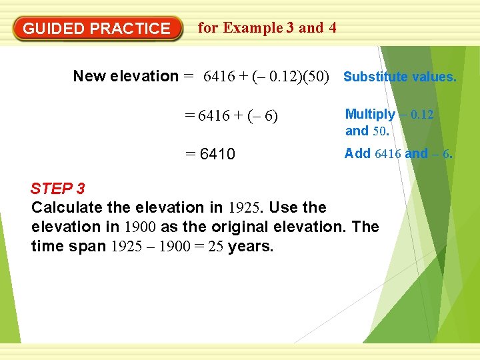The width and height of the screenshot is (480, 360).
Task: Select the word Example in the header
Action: point(253,28)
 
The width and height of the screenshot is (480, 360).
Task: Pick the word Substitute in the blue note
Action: point(375,77)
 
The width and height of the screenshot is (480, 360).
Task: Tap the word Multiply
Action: point(370,115)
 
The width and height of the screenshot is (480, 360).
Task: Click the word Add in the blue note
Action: point(357,154)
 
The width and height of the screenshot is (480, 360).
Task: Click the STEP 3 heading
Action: point(58,188)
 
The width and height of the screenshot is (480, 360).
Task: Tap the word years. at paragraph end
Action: point(251,246)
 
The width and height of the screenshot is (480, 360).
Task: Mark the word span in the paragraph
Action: point(89,247)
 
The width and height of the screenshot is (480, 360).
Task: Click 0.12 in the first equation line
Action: point(282,77)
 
